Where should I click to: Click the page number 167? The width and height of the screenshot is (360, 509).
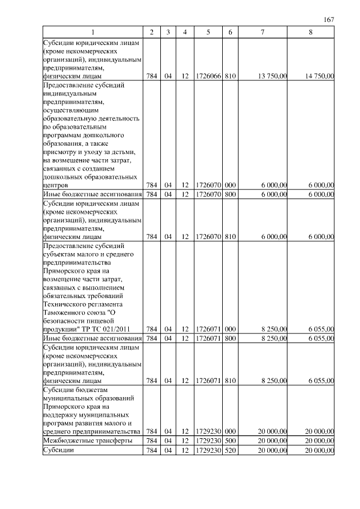click(330, 20)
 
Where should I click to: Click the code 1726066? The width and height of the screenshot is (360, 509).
click(208, 75)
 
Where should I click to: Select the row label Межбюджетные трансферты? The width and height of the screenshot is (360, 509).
click(88, 440)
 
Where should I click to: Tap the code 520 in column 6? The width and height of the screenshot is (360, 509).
click(229, 450)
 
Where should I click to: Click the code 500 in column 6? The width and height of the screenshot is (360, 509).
click(229, 440)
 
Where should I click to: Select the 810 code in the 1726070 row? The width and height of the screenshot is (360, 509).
click(229, 237)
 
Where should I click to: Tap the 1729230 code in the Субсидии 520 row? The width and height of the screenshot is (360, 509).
click(208, 450)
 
